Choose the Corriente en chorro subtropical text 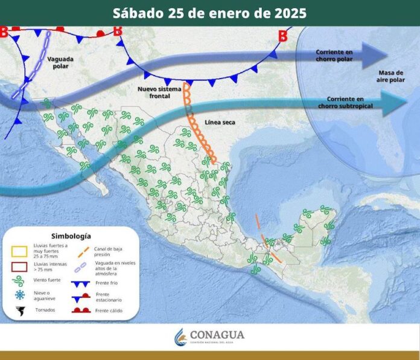(x=350, y=102)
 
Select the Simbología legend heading (x=71, y=236)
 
